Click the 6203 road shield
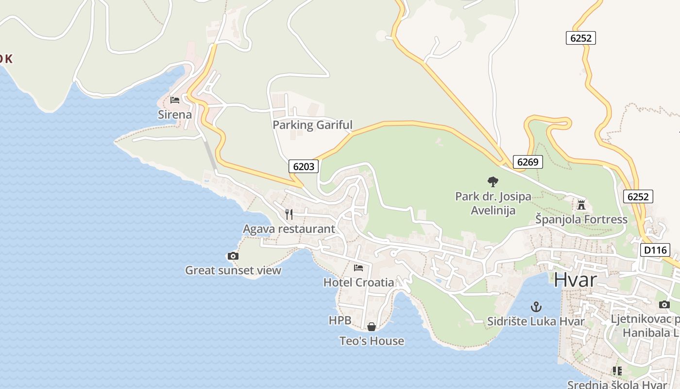[304, 166]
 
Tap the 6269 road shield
[527, 162]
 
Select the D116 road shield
[655, 250]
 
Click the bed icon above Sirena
[175, 100]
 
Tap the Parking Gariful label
[312, 125]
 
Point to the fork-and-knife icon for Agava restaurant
[289, 214]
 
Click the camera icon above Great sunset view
[233, 256]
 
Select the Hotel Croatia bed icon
[358, 267]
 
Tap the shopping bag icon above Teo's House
[372, 327]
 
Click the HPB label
[340, 320]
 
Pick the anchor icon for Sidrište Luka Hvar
[536, 307]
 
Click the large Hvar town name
[575, 280]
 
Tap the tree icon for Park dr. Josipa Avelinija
[493, 182]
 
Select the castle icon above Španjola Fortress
[581, 204]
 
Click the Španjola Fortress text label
[581, 219]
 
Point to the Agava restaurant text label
[289, 229]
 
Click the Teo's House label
[372, 341]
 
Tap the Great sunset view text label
[233, 270]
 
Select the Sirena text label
[175, 115]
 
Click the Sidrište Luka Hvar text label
[536, 321]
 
